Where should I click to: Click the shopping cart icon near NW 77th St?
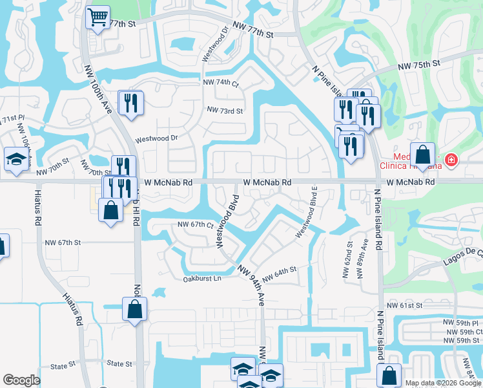click(98, 17)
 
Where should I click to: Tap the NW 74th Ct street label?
click(221, 83)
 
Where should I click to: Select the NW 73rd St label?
click(225, 111)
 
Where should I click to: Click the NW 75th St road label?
click(418, 65)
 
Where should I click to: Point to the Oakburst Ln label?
click(202, 279)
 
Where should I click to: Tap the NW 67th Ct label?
click(196, 224)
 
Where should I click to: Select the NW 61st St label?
click(404, 305)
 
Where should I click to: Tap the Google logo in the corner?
click(21, 380)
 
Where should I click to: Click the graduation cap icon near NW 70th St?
click(15, 159)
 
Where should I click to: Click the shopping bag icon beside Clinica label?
click(422, 156)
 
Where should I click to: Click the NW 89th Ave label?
click(365, 253)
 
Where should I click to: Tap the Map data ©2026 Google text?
click(443, 383)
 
